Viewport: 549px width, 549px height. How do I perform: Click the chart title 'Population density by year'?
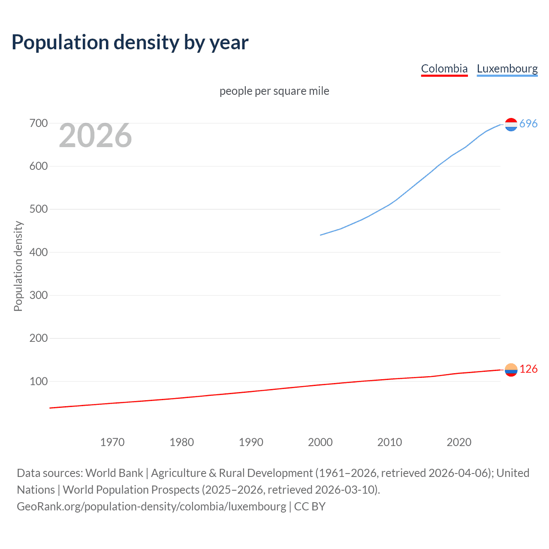coord(130,42)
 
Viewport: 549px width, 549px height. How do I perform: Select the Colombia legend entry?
coord(444,69)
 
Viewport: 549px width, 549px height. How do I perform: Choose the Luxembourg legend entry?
coord(507,69)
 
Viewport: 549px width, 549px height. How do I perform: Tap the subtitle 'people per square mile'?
coord(274,91)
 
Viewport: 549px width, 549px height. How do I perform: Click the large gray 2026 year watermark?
coord(95,136)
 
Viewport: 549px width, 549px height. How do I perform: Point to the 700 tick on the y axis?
coord(38,124)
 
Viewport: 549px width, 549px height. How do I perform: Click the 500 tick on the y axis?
coord(38,209)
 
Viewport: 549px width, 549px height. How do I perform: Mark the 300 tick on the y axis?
coord(38,295)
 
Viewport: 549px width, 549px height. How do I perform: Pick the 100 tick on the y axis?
coord(38,381)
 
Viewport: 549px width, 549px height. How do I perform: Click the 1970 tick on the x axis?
coord(112,442)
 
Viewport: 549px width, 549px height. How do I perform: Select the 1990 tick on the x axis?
coord(251,442)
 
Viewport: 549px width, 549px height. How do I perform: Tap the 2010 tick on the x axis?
coord(389,442)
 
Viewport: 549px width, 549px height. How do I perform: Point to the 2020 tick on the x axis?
coord(459,442)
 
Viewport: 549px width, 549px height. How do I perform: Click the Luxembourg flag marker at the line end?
coord(511,124)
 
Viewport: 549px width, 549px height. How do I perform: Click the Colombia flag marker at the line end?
coord(511,370)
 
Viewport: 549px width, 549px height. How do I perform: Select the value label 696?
coord(528,124)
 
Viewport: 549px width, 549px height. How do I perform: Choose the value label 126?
coord(528,369)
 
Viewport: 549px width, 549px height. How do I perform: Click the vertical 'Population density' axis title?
coord(18,266)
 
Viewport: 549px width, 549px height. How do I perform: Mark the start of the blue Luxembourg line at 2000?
coord(321,235)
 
